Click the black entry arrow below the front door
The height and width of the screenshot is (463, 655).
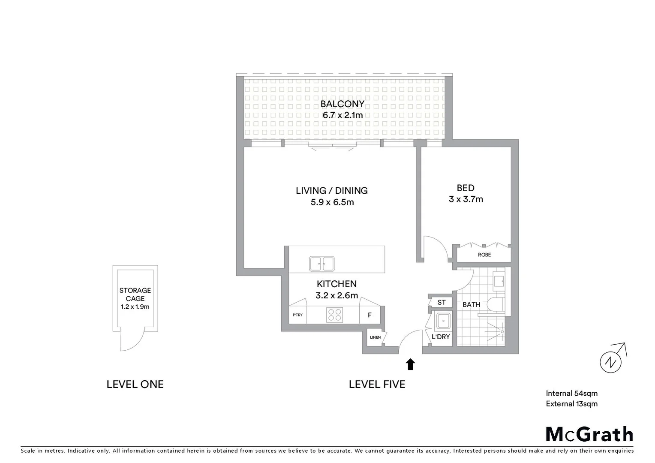(410, 364)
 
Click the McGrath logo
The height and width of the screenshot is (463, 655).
(589, 434)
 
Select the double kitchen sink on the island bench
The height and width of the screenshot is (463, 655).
(321, 264)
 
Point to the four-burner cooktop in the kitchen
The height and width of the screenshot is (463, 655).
(335, 315)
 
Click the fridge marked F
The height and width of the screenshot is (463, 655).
(370, 315)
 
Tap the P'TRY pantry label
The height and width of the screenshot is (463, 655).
(297, 315)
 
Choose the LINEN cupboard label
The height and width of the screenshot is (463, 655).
(375, 337)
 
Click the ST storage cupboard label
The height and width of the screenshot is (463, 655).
(442, 303)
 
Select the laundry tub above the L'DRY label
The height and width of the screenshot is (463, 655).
(443, 321)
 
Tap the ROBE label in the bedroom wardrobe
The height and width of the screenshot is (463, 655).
(484, 255)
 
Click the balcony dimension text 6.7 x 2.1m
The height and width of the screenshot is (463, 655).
(343, 115)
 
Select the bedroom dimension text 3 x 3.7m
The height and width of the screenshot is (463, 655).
(466, 199)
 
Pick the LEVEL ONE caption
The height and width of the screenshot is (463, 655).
(135, 385)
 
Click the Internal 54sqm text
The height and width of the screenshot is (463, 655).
(571, 394)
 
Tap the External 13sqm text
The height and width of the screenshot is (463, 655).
(571, 404)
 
